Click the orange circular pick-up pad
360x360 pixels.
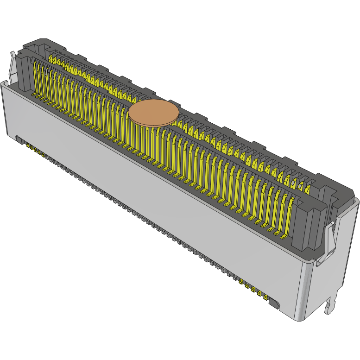coord(153,113)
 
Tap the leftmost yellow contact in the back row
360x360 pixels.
coord(51,59)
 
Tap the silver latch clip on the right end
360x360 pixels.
coord(332,236)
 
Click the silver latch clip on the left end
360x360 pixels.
coord(13,65)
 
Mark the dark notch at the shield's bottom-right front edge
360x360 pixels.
coord(273,304)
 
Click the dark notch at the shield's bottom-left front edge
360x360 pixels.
coord(19,139)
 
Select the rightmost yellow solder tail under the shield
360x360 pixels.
coord(265,297)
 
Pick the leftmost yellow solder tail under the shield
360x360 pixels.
coord(28,146)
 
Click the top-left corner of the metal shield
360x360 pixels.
coord(5,84)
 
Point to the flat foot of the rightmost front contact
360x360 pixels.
coord(282,236)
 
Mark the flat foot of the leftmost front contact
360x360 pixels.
coord(34,95)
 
